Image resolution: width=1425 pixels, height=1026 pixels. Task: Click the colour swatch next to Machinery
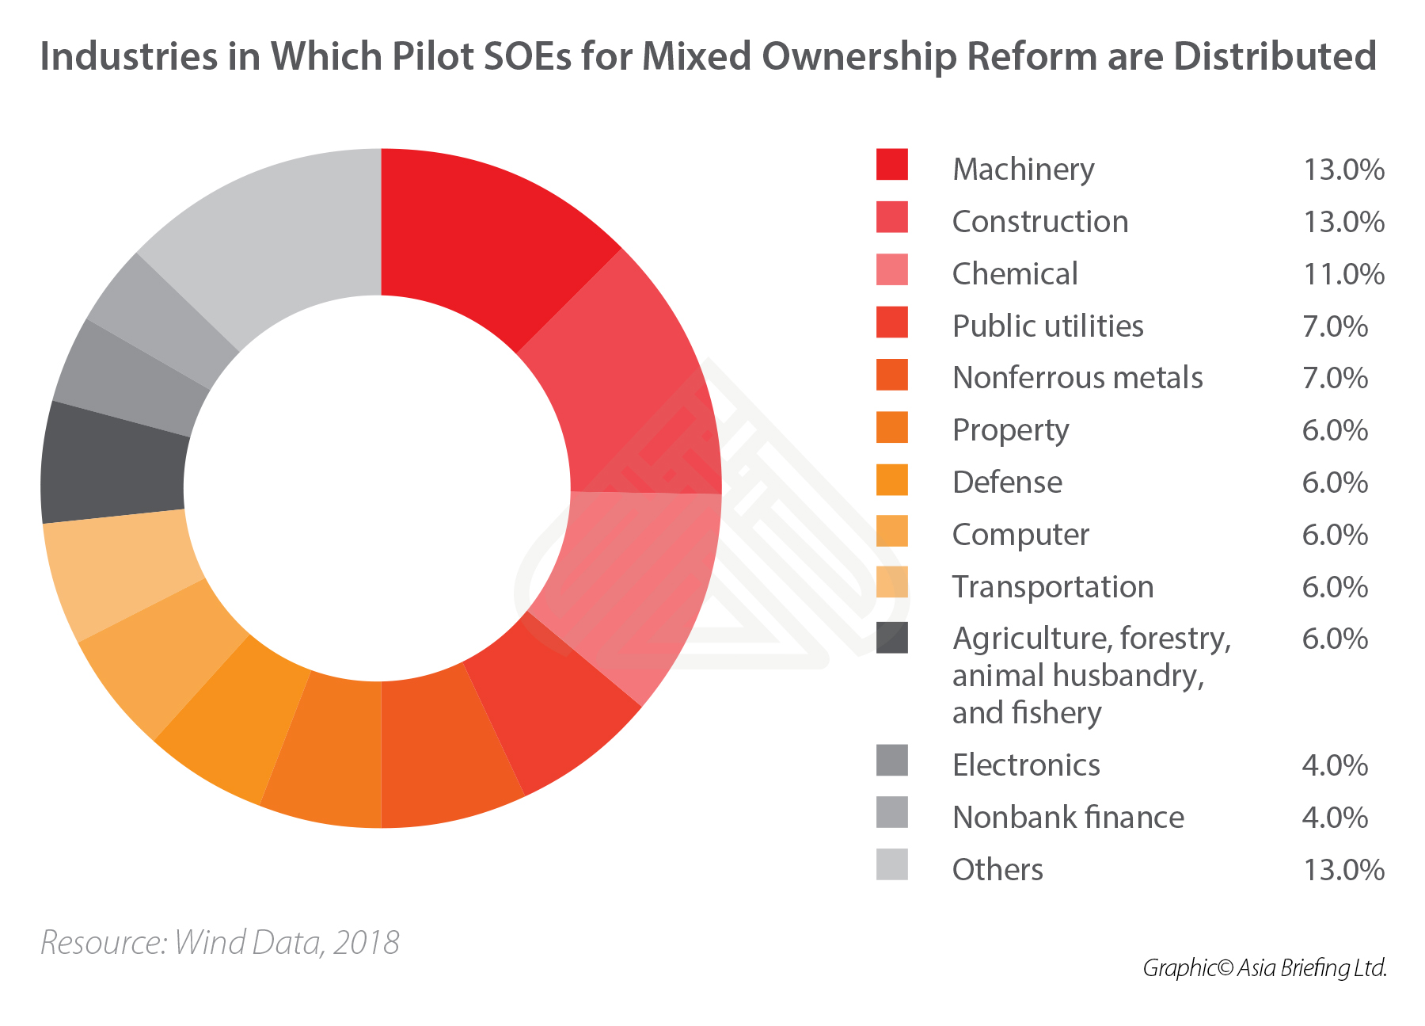(891, 165)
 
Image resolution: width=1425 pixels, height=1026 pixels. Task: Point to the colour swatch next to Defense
(891, 479)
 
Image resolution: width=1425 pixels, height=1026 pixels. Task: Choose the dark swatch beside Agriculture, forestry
(891, 637)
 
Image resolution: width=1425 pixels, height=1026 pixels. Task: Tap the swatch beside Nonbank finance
(891, 813)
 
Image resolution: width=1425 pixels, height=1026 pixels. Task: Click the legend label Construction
(1039, 222)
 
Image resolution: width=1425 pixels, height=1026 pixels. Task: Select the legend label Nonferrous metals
(1077, 378)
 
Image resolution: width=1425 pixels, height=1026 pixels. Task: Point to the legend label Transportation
(1052, 587)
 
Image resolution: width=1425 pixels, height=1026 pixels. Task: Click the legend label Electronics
(1026, 765)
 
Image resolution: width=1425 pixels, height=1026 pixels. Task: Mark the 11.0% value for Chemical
(1343, 274)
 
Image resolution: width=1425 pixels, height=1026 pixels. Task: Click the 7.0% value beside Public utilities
(1335, 326)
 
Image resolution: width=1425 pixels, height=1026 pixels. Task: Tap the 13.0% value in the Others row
(1343, 870)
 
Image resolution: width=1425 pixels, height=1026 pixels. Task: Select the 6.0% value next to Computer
(1335, 535)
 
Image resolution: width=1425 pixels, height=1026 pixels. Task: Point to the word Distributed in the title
(1275, 57)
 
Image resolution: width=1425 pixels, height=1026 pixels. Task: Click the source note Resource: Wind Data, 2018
(220, 943)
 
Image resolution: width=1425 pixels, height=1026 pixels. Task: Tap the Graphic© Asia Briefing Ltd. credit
(1264, 968)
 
